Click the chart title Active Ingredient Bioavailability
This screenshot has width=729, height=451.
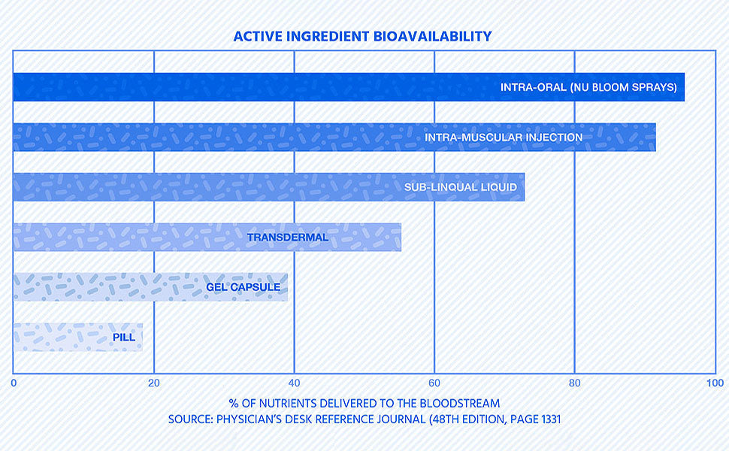coord(362,36)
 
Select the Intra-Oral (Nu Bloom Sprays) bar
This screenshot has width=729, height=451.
coord(349,87)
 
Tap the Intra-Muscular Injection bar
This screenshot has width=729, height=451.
coord(334,137)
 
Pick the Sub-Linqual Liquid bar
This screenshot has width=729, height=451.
coord(269,187)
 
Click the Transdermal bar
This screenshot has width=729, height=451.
coord(207,237)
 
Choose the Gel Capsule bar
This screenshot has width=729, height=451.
coord(150,287)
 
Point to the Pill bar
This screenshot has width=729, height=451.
coord(77,337)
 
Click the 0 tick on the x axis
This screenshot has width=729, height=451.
coord(14,383)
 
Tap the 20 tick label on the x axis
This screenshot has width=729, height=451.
coord(154,383)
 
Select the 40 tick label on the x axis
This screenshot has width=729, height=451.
coord(294,383)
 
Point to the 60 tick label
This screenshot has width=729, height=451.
coord(434,383)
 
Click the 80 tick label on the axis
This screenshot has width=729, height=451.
coord(575,383)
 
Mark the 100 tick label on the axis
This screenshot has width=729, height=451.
coord(715,383)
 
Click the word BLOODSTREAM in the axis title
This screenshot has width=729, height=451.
coord(460,403)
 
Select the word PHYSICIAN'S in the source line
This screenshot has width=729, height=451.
coord(249,419)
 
